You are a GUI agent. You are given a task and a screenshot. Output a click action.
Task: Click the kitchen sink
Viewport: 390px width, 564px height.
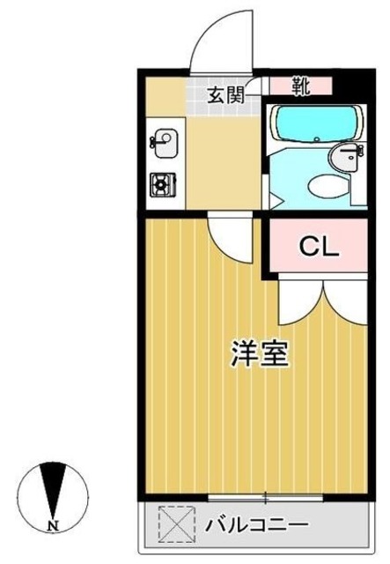pyautogui.click(x=164, y=140)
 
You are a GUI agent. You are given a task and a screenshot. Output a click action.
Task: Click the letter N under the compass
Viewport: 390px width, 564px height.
pyautogui.click(x=53, y=527)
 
